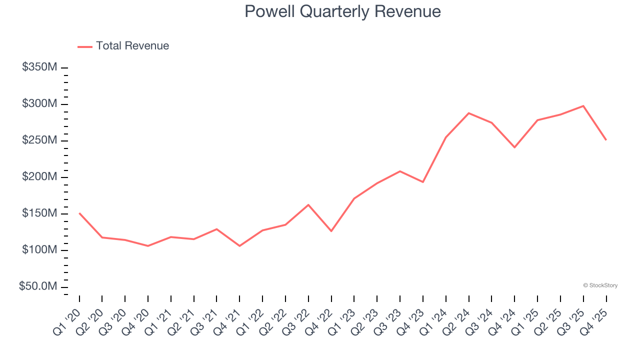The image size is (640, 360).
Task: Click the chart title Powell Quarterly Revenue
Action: click(342, 11)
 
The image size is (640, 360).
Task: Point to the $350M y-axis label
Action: click(39, 67)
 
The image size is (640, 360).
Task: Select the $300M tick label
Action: click(39, 104)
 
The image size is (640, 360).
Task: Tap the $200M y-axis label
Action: click(39, 177)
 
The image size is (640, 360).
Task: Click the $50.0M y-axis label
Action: click(38, 286)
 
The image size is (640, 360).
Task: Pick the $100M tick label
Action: click(39, 250)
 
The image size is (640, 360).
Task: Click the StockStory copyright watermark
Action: click(600, 285)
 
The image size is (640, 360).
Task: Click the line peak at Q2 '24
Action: click(468, 113)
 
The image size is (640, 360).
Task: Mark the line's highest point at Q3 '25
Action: click(583, 106)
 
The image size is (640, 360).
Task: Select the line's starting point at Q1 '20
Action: click(79, 213)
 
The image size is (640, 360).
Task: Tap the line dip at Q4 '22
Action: click(331, 231)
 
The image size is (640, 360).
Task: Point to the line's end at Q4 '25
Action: click(606, 139)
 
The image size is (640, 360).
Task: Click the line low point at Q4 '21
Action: click(239, 246)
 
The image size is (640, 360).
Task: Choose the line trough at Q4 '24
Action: click(514, 147)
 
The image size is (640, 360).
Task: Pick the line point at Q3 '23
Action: click(400, 171)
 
